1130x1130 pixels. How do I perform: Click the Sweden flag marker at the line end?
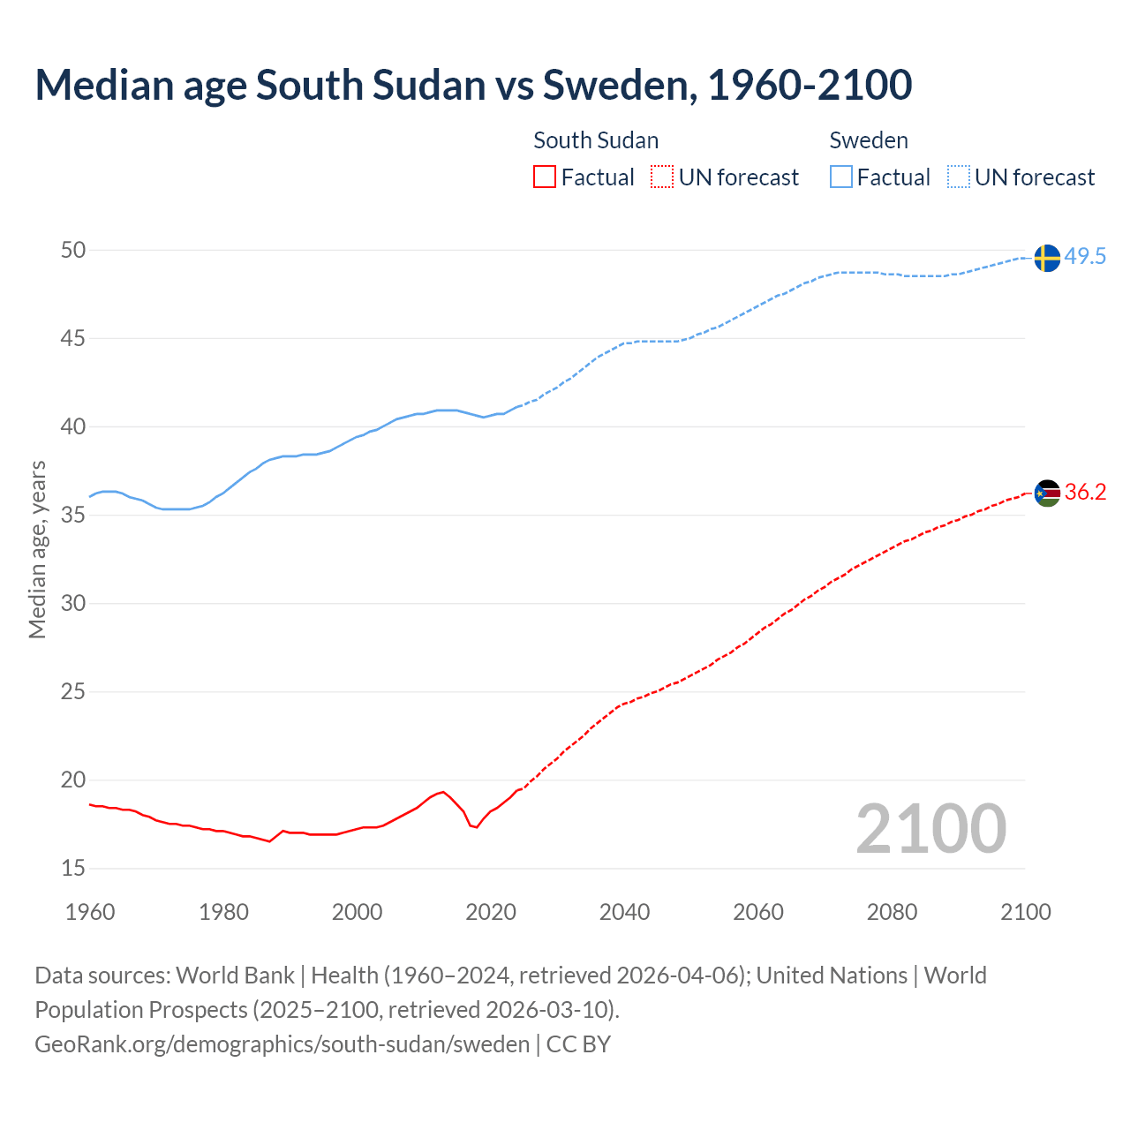1047,258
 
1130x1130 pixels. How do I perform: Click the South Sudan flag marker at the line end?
1047,493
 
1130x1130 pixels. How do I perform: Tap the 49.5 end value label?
1085,257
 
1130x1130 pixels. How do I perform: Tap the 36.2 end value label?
1085,493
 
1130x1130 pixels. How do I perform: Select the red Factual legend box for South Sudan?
545,177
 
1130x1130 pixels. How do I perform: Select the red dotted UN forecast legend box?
662,177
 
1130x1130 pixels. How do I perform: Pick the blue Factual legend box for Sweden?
841,177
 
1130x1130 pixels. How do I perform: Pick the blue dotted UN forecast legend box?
959,177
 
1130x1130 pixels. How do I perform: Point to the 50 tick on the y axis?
73,251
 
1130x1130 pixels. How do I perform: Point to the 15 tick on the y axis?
73,869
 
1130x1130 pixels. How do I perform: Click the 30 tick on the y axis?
73,604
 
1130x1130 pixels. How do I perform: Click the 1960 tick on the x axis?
90,912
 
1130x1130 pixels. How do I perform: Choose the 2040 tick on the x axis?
624,912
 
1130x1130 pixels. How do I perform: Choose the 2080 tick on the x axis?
892,912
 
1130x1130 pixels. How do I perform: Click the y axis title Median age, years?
37,549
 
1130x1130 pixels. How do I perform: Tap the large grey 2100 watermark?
930,829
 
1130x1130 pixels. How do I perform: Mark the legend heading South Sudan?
596,140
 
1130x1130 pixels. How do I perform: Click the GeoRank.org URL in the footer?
282,1044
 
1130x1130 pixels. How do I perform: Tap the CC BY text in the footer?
578,1044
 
